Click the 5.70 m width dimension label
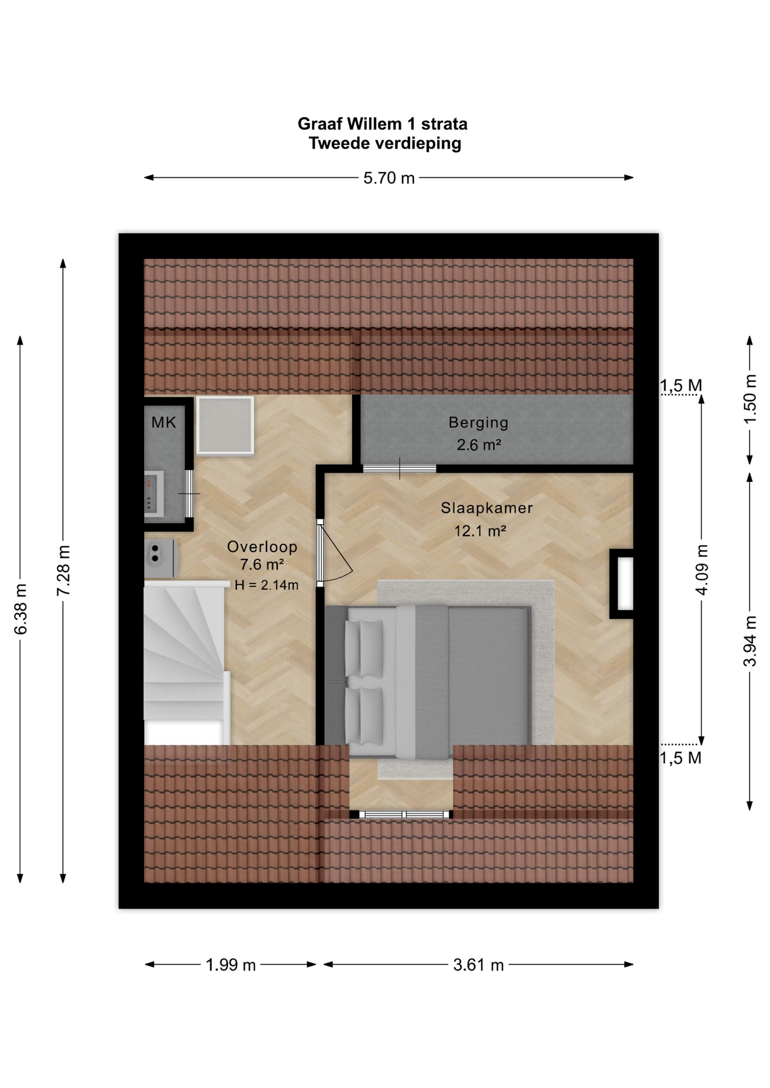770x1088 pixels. click(x=389, y=178)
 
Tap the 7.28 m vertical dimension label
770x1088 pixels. click(x=64, y=570)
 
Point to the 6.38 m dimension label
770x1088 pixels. click(x=20, y=609)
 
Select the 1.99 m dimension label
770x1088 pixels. click(x=231, y=965)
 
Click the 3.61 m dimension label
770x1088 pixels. click(x=479, y=965)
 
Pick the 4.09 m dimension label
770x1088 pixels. click(x=702, y=569)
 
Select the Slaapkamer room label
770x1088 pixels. click(x=487, y=508)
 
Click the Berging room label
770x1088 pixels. click(x=479, y=423)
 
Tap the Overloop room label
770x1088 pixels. click(x=262, y=547)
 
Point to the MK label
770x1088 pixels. click(x=164, y=422)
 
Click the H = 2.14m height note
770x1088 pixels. click(x=266, y=585)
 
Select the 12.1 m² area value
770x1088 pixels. click(x=480, y=531)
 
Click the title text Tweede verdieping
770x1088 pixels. click(x=385, y=143)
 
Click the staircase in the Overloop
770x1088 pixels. click(x=186, y=662)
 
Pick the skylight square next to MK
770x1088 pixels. click(x=225, y=426)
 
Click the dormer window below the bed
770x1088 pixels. click(x=401, y=815)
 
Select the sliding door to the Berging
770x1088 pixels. click(x=400, y=469)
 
